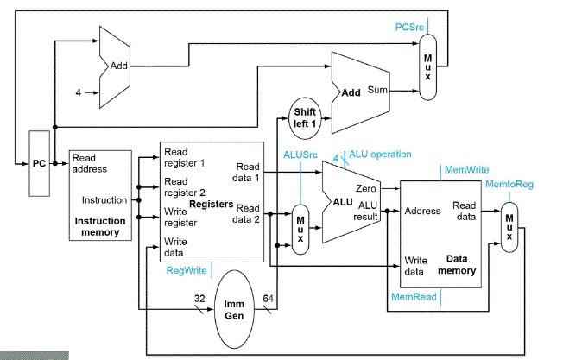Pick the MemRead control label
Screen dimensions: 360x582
(x=410, y=297)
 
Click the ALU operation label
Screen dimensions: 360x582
(x=381, y=154)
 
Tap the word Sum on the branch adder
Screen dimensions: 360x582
(x=377, y=88)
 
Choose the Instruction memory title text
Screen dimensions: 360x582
(x=100, y=226)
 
